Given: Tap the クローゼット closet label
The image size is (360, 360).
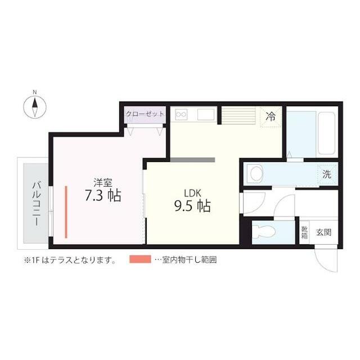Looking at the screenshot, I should point(145,114).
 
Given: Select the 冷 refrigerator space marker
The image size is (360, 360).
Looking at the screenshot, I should point(271,116).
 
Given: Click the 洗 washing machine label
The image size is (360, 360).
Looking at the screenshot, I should point(327,174).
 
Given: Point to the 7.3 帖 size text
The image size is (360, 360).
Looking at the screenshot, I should point(103,195).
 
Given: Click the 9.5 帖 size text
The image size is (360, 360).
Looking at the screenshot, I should point(192,206).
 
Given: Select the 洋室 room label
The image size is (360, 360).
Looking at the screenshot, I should point(103,182).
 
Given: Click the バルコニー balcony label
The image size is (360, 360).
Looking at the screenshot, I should point(35,203).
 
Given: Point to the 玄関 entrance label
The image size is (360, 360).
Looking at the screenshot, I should point(323,232).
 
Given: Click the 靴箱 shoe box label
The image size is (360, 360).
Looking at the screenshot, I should point(304,232).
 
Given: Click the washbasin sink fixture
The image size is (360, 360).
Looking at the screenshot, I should point(256,174).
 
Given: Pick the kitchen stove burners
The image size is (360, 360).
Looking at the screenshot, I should point(182,115).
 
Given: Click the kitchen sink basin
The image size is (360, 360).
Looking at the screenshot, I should point(204,115).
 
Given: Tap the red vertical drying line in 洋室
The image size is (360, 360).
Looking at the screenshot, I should point(66,211).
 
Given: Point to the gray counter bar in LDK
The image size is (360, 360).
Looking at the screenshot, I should point(192,160).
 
